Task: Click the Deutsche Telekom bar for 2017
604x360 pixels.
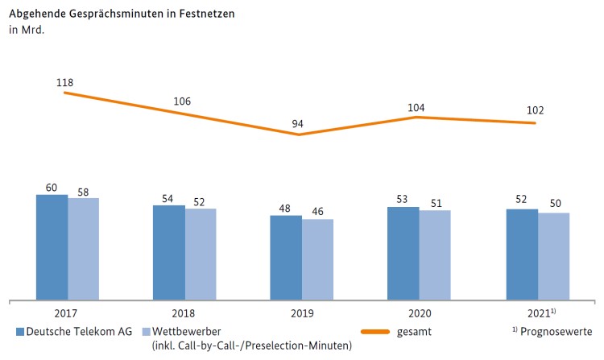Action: pos(52,246)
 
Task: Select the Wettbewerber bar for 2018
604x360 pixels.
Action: pos(201,254)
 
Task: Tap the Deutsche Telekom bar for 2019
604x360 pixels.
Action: pos(286,258)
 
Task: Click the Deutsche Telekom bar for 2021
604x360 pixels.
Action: pos(522,254)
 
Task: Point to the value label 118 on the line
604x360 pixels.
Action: pos(65,83)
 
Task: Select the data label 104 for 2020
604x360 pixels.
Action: pos(416,107)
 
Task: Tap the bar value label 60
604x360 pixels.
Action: pos(52,187)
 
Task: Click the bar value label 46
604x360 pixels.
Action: pos(317,212)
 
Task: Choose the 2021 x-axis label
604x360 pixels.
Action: pos(536,313)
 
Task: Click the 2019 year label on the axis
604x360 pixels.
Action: pos(301,313)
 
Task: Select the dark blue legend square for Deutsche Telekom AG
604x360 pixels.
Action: pos(20,331)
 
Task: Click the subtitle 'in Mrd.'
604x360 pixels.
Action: pos(25,31)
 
